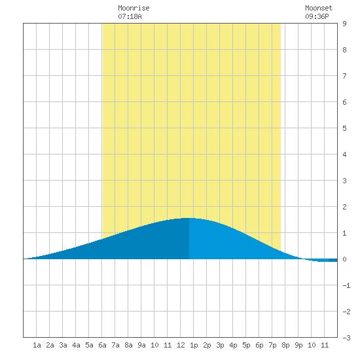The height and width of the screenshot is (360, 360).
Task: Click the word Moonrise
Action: point(134,8)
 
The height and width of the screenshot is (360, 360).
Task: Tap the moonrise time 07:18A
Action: point(130,16)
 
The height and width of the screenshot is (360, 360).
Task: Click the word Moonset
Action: point(319,8)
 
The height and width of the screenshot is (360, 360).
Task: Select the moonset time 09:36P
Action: point(317,16)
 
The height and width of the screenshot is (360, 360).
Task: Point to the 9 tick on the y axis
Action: point(344,24)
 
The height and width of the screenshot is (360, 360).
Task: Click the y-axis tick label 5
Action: point(344,128)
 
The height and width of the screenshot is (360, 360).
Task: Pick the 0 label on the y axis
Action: point(344,259)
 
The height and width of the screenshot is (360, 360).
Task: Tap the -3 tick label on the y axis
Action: point(346,338)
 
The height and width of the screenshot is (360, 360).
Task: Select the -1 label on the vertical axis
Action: point(346,285)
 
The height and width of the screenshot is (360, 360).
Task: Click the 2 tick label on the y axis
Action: point(344,207)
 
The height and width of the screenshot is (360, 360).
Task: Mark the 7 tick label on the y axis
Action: point(344,76)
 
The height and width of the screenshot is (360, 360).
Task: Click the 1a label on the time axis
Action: point(37,345)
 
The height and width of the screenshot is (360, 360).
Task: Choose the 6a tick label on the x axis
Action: point(102,345)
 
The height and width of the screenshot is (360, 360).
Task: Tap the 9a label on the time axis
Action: point(141,345)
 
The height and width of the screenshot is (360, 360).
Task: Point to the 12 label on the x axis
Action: point(181,345)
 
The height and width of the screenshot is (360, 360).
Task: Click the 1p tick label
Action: point(194,345)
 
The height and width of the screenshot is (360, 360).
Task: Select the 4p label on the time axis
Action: point(233,345)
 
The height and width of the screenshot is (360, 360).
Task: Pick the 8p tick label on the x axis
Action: point(285,345)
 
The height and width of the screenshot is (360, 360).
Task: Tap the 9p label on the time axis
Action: point(298,345)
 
